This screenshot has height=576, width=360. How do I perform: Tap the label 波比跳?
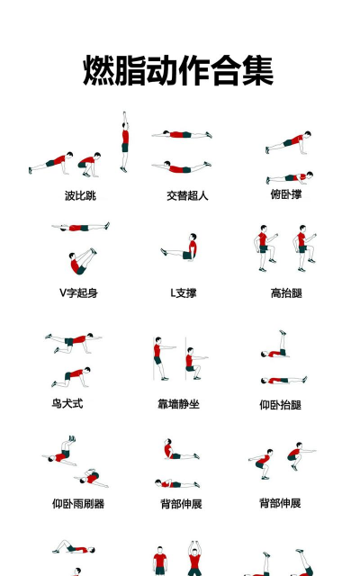coord(80,195)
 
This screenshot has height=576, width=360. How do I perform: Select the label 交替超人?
coord(187,195)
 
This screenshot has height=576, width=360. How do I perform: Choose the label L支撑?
coord(183,292)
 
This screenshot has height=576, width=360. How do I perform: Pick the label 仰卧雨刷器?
coord(77,504)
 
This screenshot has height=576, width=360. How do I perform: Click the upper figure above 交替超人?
coord(183,135)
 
